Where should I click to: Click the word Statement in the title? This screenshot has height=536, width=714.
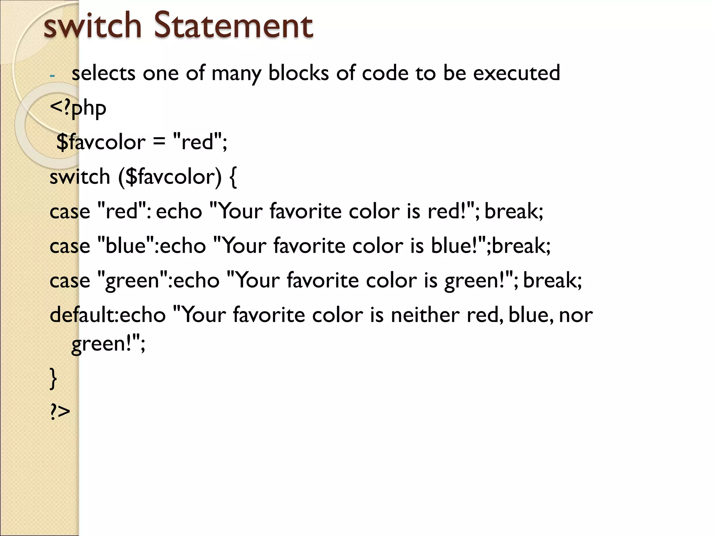click(233, 25)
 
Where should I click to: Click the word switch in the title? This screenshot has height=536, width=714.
click(92, 25)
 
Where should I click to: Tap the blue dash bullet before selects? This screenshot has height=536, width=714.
click(52, 75)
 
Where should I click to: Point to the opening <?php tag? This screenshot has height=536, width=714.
click(78, 108)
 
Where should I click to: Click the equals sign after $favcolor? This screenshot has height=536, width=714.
click(159, 142)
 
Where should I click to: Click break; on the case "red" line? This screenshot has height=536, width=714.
click(514, 211)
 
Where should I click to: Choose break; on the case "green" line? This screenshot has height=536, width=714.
click(552, 280)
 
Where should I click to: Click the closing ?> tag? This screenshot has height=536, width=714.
click(60, 412)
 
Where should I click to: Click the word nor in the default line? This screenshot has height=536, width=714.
click(576, 315)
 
